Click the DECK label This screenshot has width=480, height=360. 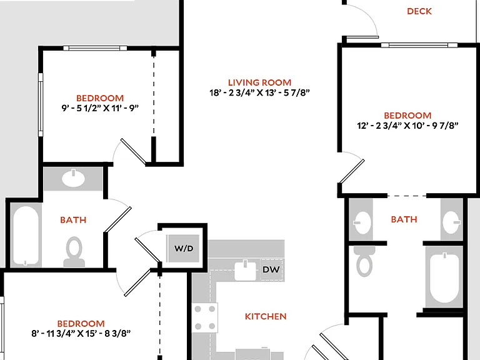(419, 11)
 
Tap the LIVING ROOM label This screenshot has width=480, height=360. (259, 82)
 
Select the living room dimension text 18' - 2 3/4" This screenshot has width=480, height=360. (232, 92)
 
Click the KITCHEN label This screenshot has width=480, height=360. (266, 316)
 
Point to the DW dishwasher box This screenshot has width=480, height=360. (271, 269)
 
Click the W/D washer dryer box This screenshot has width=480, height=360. (184, 248)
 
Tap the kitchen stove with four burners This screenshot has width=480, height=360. (205, 317)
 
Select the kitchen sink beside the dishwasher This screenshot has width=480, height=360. (245, 269)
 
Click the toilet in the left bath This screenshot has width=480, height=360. (74, 252)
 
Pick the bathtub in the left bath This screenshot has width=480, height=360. (26, 236)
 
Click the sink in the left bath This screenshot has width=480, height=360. (74, 177)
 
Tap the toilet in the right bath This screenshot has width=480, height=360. (364, 261)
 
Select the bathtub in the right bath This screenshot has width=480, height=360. (444, 279)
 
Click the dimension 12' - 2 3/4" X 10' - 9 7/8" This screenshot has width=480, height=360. (407, 126)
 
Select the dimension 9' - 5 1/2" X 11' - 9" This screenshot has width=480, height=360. (100, 108)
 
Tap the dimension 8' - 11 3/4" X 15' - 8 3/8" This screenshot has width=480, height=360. (81, 333)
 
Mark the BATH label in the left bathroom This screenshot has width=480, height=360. (73, 220)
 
